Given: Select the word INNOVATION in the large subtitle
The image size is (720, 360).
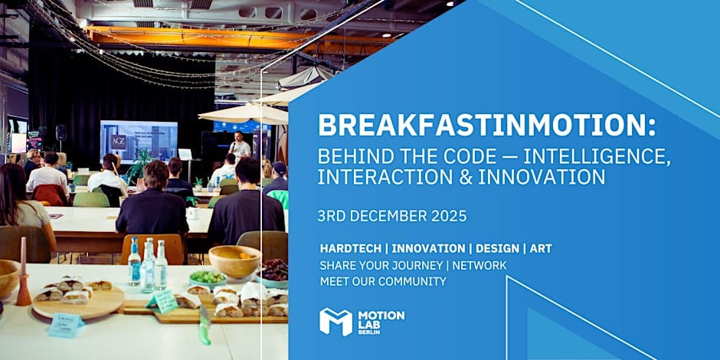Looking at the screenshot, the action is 542,177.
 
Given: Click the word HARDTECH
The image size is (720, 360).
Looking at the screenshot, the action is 350,248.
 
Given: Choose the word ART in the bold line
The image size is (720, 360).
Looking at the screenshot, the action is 541,248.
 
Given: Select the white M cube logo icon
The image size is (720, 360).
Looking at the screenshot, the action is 335,322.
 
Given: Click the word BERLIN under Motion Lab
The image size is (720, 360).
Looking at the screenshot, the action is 369,332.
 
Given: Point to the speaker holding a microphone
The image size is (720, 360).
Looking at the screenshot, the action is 239,146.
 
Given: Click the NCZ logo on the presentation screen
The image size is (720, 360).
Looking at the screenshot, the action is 119,142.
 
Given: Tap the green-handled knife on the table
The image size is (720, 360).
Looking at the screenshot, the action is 205,325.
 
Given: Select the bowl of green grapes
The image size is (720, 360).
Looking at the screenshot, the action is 208,279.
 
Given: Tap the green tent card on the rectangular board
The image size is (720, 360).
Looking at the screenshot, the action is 162,301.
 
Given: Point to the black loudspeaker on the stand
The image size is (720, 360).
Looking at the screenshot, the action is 61,133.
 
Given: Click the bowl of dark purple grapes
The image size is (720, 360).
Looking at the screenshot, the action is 274,273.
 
